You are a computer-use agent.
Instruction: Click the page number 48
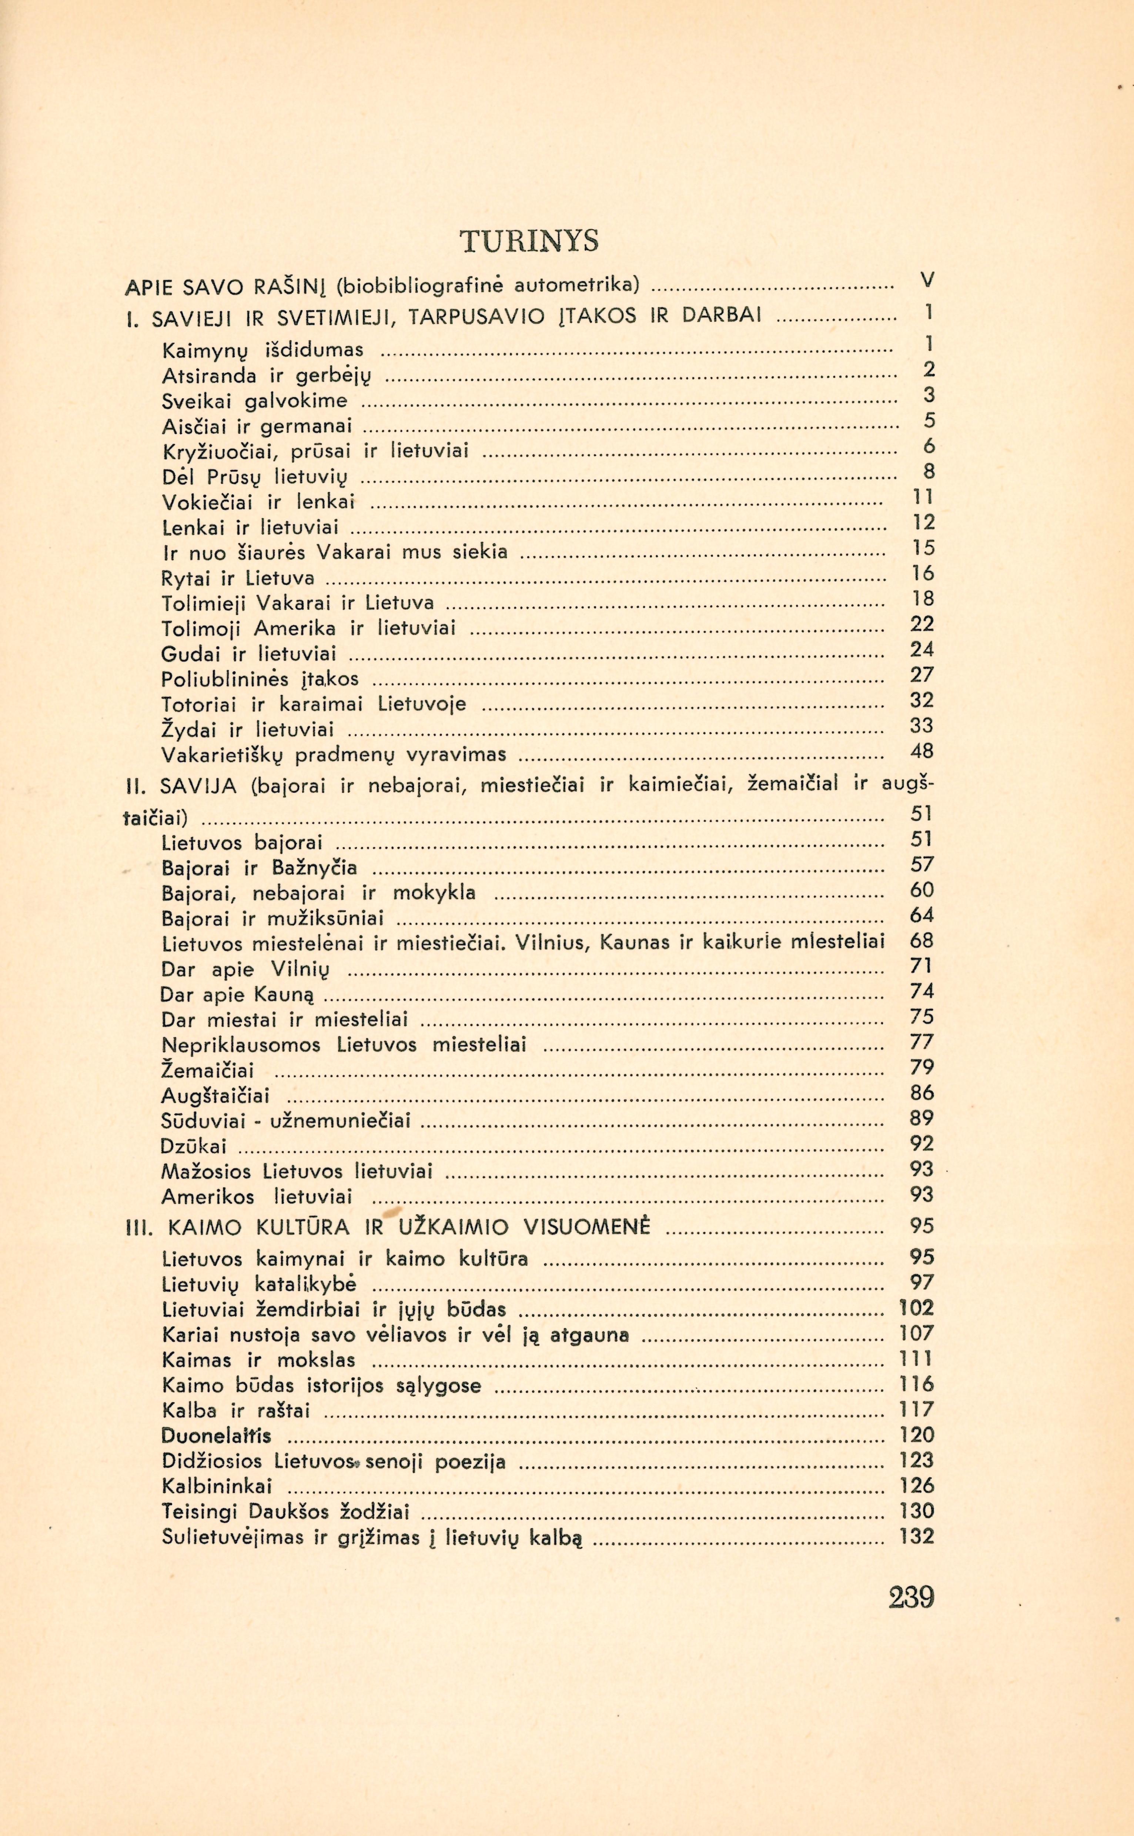(x=922, y=751)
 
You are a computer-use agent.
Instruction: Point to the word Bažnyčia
(x=315, y=868)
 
